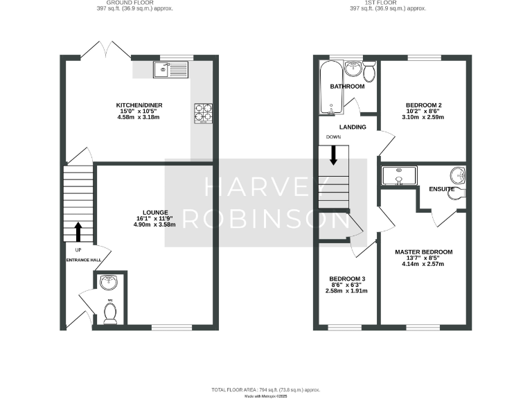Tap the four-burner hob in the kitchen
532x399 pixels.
[x=204, y=113]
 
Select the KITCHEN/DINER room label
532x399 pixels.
[x=138, y=106]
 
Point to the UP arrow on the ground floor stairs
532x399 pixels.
[x=78, y=231]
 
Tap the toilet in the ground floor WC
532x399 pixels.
[x=109, y=313]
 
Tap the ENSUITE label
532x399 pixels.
[x=442, y=188]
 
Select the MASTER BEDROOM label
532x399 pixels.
[x=424, y=252]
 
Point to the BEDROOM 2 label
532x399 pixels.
[x=423, y=105]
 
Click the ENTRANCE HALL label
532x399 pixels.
[x=83, y=260]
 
